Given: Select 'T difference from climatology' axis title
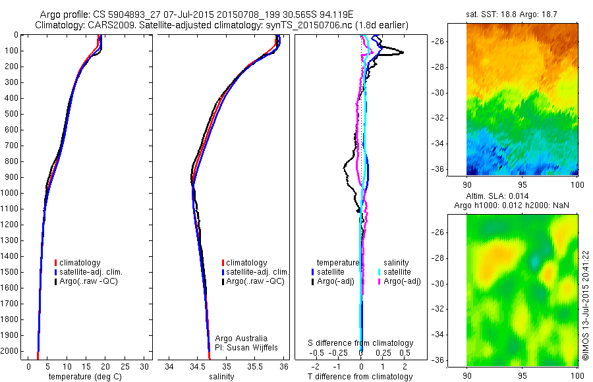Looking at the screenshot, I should point(360,377).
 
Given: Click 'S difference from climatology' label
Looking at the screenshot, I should point(360,343).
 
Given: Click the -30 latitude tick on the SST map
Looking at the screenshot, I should point(456,92).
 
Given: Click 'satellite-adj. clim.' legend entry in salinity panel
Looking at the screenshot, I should point(258,272).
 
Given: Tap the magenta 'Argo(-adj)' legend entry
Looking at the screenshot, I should point(402,281).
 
